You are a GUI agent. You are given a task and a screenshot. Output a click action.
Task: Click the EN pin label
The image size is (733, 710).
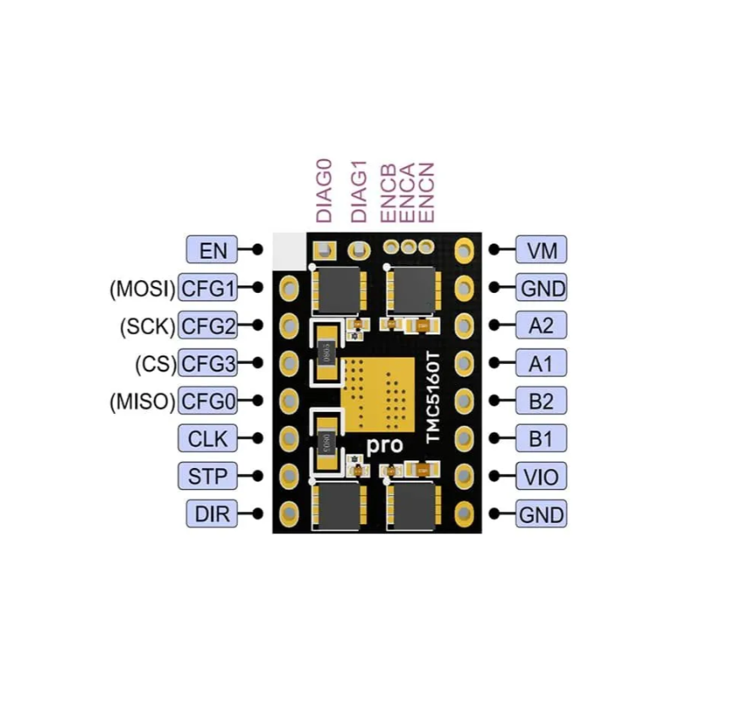tap(212, 250)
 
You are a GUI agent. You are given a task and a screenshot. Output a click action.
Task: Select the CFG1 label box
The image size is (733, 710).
tap(207, 289)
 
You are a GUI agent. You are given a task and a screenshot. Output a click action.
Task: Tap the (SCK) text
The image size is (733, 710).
tap(146, 326)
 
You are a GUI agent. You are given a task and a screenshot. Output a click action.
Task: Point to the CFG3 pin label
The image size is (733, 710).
tap(207, 364)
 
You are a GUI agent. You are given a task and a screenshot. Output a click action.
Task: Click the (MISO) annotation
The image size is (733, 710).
tap(141, 401)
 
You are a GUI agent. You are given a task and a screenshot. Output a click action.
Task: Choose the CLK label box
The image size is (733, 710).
tap(207, 438)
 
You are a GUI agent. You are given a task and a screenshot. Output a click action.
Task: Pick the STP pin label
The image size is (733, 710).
tap(207, 476)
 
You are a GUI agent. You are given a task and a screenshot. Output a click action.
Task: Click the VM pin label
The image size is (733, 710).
tap(541, 250)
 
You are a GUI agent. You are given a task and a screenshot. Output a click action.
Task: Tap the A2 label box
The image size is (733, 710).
tap(541, 326)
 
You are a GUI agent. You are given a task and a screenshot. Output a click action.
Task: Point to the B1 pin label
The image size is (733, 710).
tap(541, 438)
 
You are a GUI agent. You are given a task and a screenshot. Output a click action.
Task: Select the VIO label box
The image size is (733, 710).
tap(541, 476)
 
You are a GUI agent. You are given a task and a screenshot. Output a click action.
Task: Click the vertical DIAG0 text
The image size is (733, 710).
tap(324, 190)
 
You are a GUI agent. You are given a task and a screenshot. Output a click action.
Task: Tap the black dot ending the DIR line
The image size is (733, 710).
tap(257, 513)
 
